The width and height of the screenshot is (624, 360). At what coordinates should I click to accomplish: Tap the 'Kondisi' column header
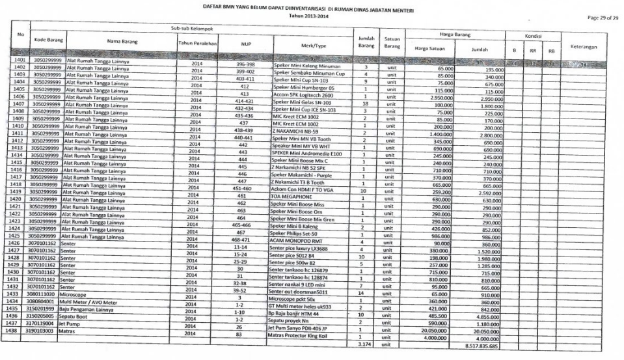click(x=533, y=36)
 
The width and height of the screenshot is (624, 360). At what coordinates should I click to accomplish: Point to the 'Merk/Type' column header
click(x=312, y=44)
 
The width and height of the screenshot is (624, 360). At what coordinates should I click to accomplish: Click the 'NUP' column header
click(x=245, y=44)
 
